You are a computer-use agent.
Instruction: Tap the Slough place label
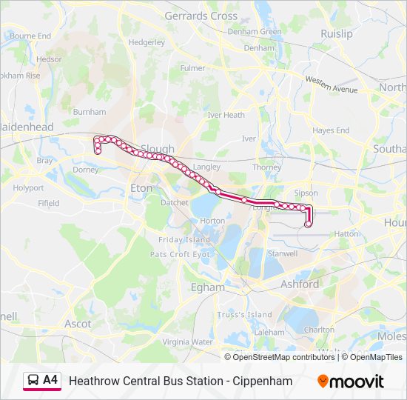[157, 149]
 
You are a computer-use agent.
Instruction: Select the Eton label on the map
[141, 188]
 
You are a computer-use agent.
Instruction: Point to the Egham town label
[207, 287]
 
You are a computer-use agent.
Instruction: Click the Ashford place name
[300, 284]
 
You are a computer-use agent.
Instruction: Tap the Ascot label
[78, 324]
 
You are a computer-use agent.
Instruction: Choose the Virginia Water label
[186, 341]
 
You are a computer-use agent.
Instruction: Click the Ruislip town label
[337, 33]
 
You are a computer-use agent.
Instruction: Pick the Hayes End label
[331, 130]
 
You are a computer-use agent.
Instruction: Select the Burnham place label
[90, 112]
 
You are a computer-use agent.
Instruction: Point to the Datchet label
[175, 202]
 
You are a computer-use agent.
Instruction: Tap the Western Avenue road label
[331, 84]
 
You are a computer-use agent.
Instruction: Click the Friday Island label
[184, 239]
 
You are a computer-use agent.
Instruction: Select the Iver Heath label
[226, 115]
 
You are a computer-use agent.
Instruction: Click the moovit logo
[351, 381]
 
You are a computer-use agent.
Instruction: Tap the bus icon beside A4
[33, 381]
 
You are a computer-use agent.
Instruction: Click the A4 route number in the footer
[50, 381]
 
